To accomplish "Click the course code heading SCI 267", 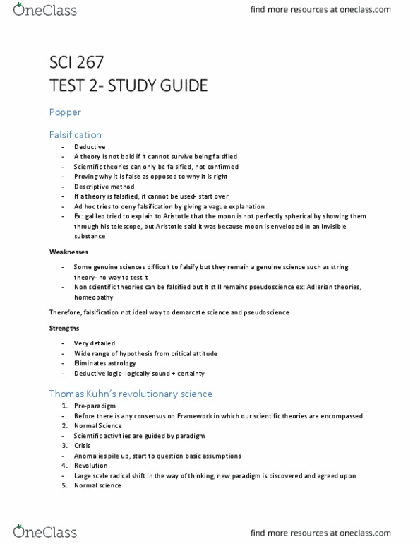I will click(78, 62).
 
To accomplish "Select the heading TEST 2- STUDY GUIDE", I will click(128, 86).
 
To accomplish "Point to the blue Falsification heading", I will click(76, 134).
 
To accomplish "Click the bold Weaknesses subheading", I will click(68, 252).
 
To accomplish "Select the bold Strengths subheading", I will click(64, 328).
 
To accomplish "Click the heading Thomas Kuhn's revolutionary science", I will click(131, 394).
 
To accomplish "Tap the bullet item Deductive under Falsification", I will click(89, 146).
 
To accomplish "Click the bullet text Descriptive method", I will click(103, 187).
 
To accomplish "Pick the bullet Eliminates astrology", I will click(105, 363).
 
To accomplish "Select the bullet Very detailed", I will click(94, 343).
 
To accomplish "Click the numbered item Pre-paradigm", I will click(95, 406).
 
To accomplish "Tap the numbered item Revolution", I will click(90, 466).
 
